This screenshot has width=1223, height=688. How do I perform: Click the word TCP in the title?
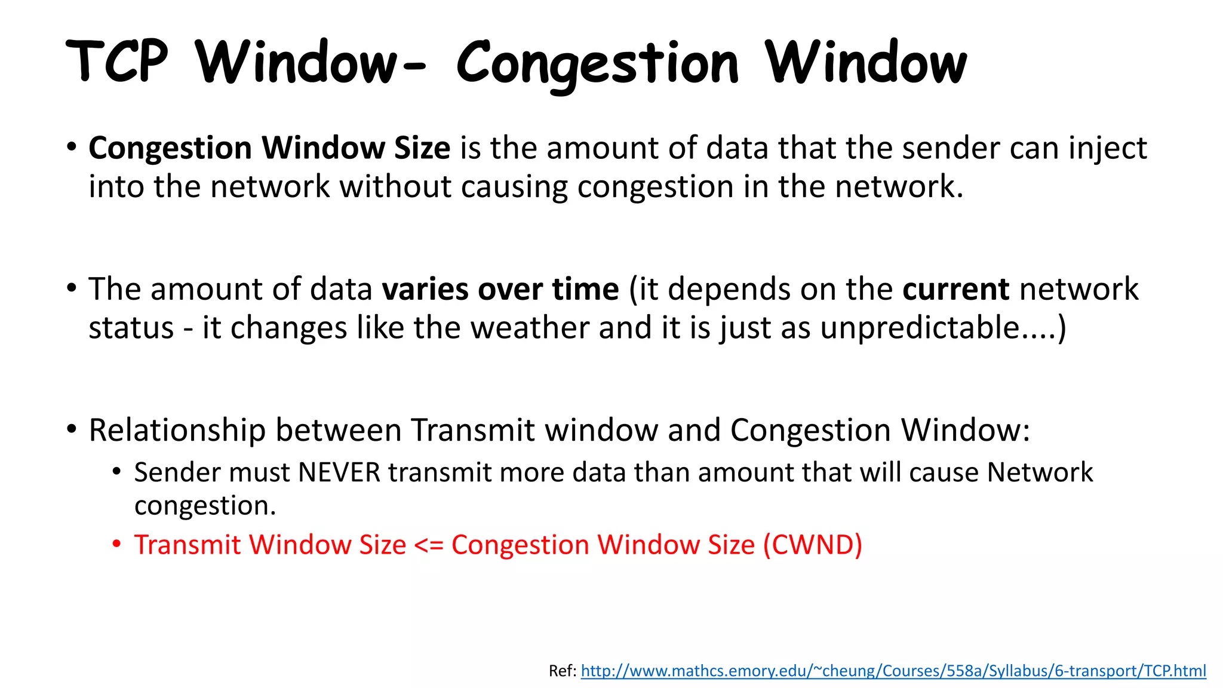117,62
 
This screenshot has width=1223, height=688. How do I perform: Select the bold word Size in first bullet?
422,148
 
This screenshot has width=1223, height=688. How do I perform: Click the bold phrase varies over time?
500,290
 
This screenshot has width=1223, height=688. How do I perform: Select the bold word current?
955,290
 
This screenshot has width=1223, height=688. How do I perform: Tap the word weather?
530,328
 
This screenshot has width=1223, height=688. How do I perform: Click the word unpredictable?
920,328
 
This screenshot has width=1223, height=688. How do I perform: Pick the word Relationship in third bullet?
177,431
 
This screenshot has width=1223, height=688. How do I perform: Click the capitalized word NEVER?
339,472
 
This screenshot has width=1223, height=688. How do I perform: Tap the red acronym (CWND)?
813,545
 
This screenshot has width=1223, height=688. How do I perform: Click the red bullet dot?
117,544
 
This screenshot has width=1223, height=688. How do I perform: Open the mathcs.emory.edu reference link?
893,671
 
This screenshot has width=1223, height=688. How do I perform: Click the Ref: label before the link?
562,671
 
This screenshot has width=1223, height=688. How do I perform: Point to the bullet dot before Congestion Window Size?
72,146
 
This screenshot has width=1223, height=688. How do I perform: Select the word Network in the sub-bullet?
1040,472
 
